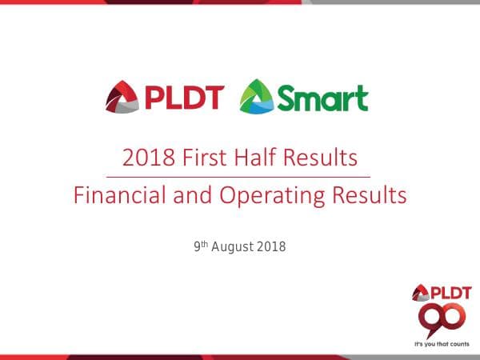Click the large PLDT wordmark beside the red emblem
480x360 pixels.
click(184, 98)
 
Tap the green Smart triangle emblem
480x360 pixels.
click(257, 98)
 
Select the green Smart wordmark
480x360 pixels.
click(322, 98)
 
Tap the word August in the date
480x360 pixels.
click(234, 247)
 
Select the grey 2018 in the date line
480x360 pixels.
click(271, 247)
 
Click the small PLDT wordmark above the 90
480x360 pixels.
click(447, 293)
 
